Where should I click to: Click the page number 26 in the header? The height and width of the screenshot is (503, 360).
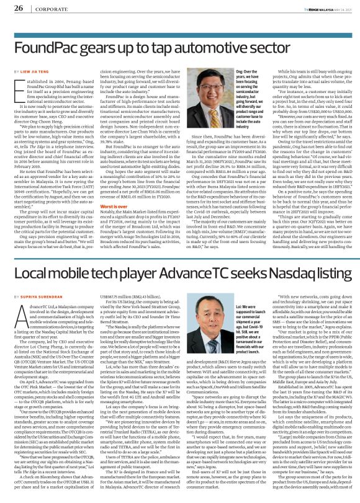tap(14, 7)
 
